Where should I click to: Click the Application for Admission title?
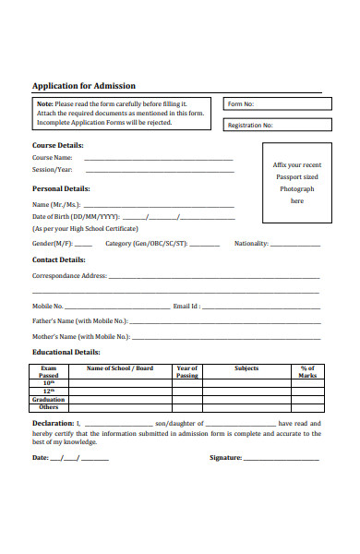84,86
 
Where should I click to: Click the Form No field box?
271,104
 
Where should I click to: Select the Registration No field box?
271,125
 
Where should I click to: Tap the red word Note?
44,103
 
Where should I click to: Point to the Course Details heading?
58,145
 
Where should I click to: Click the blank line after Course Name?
158,159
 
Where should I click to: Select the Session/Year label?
52,170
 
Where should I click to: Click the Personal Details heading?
61,187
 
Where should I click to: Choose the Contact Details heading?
59,259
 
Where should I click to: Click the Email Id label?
186,306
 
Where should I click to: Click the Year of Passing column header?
187,372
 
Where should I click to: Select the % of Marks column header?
307,372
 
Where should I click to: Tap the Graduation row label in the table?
48,399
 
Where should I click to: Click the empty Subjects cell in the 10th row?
246,383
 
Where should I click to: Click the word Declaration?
53,423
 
